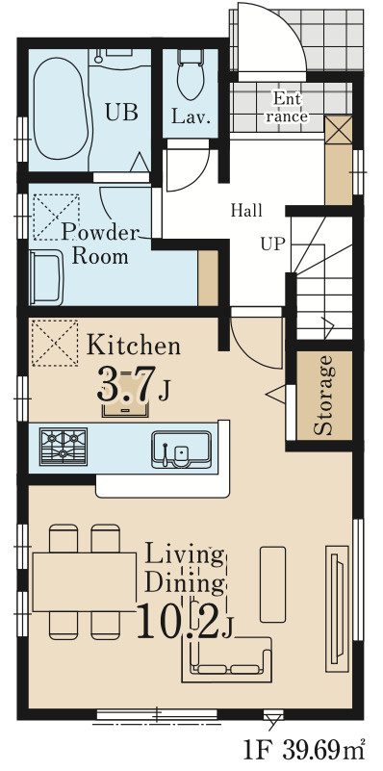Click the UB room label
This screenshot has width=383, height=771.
click(121, 112)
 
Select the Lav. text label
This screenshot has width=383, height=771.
click(191, 118)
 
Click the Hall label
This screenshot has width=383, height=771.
click(246, 211)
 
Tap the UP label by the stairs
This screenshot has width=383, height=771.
click(273, 244)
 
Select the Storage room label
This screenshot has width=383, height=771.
click(323, 396)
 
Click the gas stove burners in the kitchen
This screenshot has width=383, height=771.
click(64, 446)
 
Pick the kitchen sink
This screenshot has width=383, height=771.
click(182, 449)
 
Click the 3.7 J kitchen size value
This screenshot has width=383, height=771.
click(134, 383)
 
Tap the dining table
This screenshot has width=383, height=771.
click(84, 581)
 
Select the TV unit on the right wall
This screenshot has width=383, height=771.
click(337, 608)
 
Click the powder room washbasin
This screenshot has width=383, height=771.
click(46, 278)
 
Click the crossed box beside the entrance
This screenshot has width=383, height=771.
click(339, 129)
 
